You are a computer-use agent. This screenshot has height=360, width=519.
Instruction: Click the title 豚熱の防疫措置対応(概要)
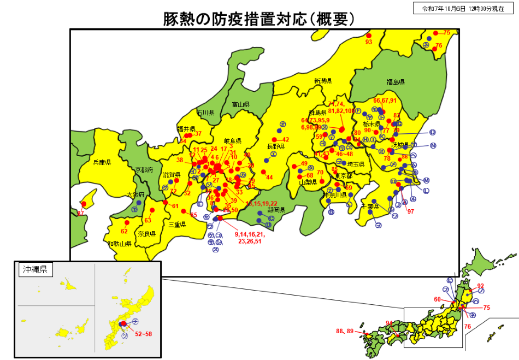coord(259,19)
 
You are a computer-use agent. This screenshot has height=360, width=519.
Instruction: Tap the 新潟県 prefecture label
coord(323,81)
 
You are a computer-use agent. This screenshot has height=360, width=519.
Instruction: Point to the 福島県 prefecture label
coord(395,82)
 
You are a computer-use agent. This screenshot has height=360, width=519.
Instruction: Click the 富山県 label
coord(240,104)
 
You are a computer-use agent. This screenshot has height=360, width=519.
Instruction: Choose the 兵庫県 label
coord(102,162)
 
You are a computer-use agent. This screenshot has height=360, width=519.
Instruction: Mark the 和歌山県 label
coord(119,243)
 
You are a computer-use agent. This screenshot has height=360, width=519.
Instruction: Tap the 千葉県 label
coord(370,206)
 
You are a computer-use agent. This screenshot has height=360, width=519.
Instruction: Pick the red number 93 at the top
coord(368,42)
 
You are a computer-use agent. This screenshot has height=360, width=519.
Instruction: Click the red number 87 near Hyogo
coord(81,213)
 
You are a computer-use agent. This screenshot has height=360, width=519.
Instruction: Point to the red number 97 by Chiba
coord(410,211)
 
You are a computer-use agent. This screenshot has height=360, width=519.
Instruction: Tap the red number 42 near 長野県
coord(285,140)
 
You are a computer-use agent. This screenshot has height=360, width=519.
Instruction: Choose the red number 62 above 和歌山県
coord(124,231)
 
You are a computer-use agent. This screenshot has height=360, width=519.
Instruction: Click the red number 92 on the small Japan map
coord(480,286)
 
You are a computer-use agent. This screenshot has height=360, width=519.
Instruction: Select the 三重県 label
coord(178,225)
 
